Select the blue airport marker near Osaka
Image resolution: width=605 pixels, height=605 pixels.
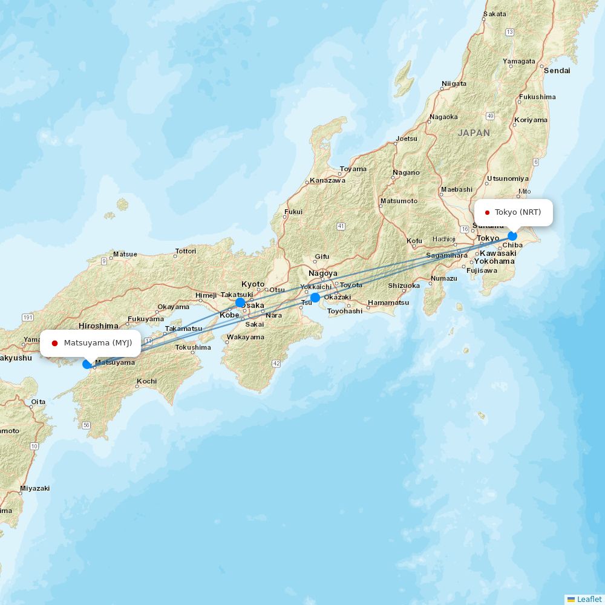(240, 302)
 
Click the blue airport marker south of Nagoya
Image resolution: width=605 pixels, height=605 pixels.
(315, 297)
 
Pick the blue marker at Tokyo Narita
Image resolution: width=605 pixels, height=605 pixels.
(512, 235)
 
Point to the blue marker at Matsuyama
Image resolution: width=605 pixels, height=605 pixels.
(87, 364)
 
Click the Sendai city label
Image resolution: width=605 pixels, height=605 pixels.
(557, 70)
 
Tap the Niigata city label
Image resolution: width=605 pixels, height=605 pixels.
(454, 83)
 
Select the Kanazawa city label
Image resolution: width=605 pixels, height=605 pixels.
(327, 180)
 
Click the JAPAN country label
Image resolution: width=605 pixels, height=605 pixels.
(474, 132)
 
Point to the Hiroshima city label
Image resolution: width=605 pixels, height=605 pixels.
(98, 325)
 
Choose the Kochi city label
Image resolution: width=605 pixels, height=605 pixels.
(146, 381)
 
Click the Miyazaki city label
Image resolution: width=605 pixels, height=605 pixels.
(34, 488)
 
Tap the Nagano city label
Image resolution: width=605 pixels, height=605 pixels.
(405, 172)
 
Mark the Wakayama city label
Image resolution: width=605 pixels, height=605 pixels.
(246, 337)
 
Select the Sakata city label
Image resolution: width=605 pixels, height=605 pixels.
(494, 14)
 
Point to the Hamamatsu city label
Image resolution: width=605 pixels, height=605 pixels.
(388, 302)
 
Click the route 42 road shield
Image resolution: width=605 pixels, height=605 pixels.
(276, 363)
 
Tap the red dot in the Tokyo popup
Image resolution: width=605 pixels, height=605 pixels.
(487, 212)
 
